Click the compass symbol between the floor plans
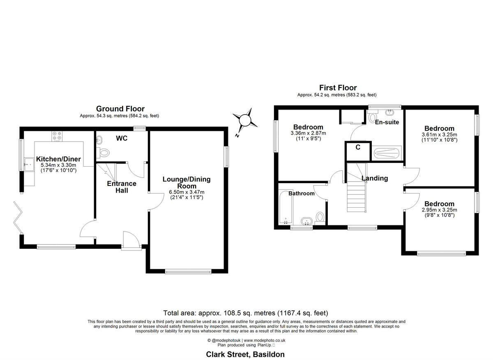point(245,120)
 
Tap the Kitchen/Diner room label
point(58,159)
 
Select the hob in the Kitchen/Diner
point(56,136)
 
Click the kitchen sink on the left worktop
point(28,165)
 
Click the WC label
point(122,138)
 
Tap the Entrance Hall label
point(122,187)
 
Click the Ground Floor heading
point(120,109)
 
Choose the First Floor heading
point(338,87)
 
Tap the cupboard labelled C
point(358,148)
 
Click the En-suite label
point(387,122)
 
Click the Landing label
point(375,178)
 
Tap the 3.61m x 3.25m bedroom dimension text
point(439,134)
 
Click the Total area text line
point(246,313)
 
